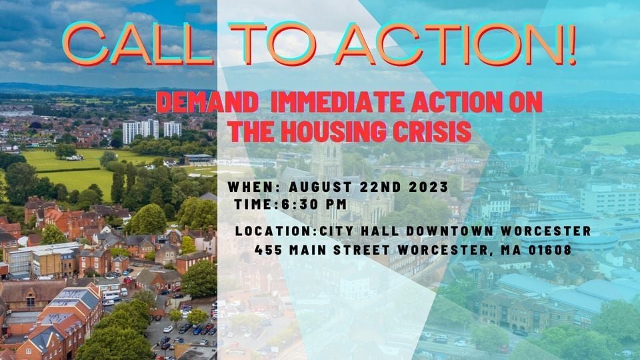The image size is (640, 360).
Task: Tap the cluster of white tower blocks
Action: [x=151, y=129]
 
